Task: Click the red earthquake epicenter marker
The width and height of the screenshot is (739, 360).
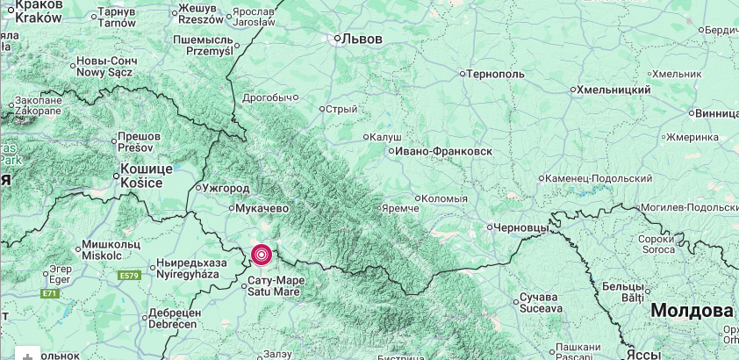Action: [262, 255]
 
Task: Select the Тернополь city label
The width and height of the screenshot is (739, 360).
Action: [496, 74]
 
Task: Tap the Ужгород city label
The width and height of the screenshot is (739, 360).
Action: [226, 188]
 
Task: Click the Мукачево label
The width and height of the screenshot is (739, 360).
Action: [262, 208]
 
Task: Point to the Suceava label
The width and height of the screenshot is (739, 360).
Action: [541, 308]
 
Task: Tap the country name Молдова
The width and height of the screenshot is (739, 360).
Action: [692, 311]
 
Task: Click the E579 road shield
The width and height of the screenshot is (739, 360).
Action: [129, 276]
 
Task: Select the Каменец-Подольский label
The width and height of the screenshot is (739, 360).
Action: [599, 178]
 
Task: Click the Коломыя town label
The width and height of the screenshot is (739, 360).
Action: [444, 198]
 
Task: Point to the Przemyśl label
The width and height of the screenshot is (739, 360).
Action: [209, 51]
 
